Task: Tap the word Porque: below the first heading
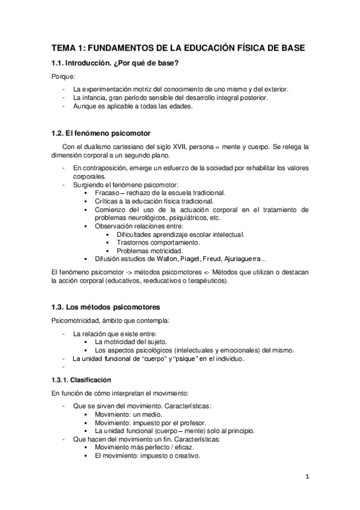tap(61, 77)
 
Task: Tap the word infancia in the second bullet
tap(94, 97)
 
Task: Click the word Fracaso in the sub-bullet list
tap(107, 192)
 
